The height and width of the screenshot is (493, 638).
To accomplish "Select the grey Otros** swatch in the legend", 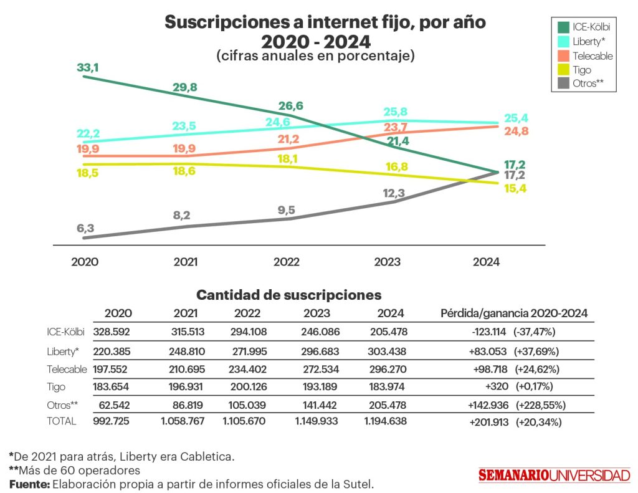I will coord(563,84).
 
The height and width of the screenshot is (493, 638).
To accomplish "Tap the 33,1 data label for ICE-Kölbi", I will coord(88,67).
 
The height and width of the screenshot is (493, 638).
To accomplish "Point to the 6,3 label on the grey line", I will coord(85,229).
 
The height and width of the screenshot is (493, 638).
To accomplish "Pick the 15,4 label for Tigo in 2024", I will coord(515,188).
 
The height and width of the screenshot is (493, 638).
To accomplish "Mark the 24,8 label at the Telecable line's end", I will coord(515,132).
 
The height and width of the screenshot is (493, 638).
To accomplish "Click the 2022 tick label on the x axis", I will coord(286,262).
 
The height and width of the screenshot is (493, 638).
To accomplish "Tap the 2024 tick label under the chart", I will coord(486,262).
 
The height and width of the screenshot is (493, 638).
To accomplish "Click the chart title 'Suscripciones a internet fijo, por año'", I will coord(325,23).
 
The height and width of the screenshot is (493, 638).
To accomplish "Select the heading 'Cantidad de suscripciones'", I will coord(288,295).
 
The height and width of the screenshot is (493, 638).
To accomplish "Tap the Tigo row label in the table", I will coord(56,387).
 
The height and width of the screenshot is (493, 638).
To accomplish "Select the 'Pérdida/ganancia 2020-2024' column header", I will coord(514,314).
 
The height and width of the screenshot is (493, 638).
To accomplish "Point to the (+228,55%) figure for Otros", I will coord(540,405).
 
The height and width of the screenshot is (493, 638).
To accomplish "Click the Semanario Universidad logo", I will coord(554,475).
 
